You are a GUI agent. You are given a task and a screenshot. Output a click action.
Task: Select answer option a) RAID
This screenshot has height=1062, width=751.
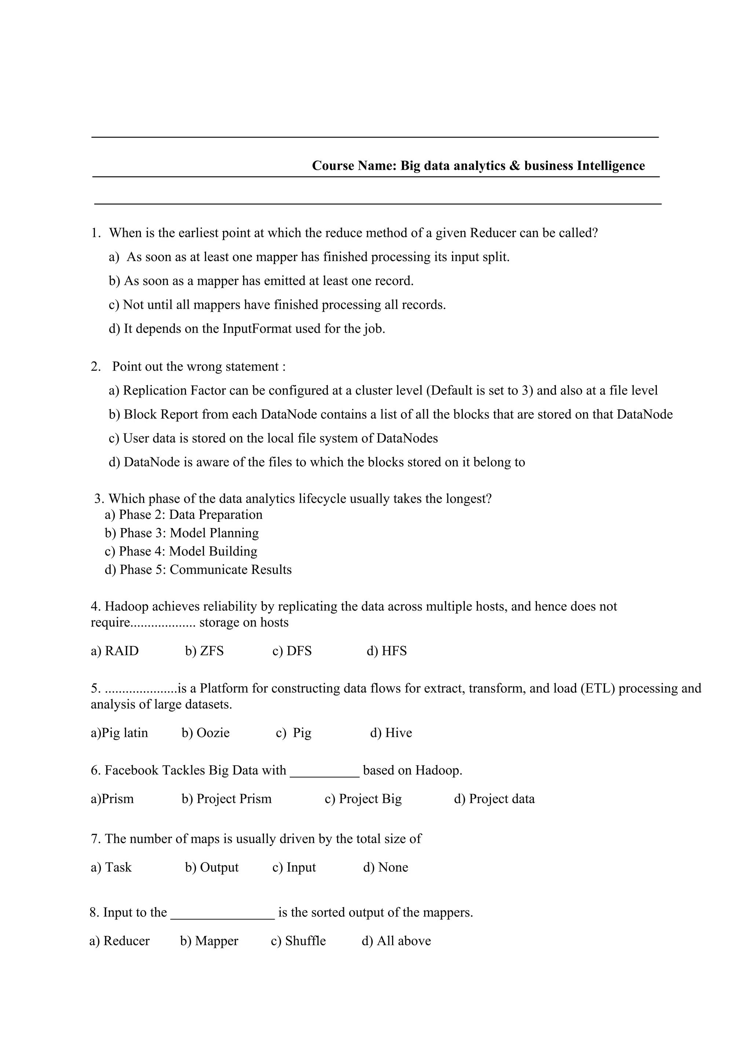tap(115, 651)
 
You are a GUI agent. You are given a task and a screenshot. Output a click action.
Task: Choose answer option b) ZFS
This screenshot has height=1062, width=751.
tap(204, 651)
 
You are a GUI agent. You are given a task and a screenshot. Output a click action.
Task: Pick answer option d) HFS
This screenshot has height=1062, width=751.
tap(387, 651)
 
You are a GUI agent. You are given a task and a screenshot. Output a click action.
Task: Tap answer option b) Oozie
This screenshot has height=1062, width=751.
tap(205, 733)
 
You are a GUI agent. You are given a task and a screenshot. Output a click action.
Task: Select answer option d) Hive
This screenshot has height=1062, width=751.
tap(391, 733)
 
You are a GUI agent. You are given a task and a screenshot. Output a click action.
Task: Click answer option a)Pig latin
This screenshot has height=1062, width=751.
tap(119, 733)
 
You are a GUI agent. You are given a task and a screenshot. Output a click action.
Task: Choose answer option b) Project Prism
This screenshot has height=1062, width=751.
tap(227, 799)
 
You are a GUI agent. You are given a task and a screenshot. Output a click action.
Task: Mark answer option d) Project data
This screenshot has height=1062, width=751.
tap(494, 799)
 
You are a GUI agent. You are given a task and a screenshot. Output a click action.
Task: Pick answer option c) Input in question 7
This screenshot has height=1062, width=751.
tap(294, 867)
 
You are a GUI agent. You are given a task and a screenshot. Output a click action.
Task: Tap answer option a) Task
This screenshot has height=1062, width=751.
tap(111, 867)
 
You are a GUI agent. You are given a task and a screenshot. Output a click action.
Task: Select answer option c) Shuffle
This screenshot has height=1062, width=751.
tap(298, 941)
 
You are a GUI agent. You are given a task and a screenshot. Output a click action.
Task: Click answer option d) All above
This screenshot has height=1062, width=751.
tap(396, 941)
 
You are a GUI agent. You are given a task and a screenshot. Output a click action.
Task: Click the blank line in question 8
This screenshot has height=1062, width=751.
tap(223, 917)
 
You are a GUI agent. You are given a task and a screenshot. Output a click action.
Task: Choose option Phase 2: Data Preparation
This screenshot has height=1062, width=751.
tap(184, 515)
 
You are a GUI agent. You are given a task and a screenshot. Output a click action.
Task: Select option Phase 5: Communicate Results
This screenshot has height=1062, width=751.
tap(198, 570)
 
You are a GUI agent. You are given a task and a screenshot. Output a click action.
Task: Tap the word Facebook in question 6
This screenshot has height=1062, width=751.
tap(131, 770)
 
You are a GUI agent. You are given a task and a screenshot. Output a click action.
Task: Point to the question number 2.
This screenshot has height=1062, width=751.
tap(96, 367)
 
